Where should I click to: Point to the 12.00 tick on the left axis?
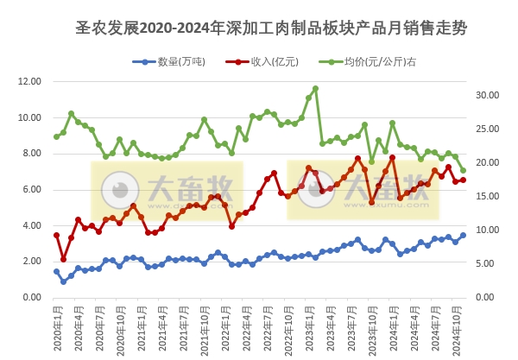click(29, 82)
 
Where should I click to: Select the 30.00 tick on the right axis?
click(489, 95)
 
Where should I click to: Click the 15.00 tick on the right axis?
click(489, 196)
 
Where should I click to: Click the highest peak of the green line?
click(315, 88)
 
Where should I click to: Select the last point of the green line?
click(463, 171)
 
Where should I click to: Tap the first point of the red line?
click(57, 235)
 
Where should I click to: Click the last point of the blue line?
click(463, 235)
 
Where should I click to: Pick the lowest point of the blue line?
click(64, 281)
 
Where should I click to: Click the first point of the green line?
click(57, 136)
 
